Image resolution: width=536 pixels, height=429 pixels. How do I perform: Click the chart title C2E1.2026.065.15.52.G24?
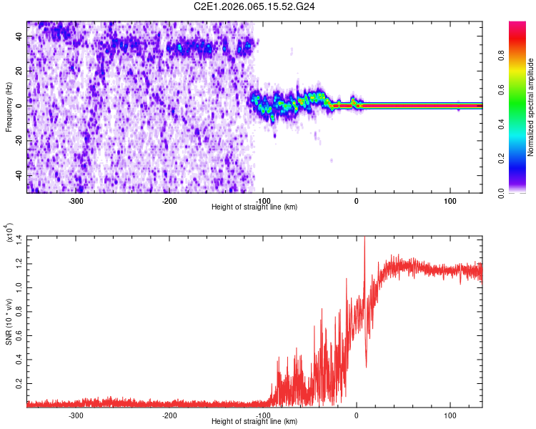tap(254, 6)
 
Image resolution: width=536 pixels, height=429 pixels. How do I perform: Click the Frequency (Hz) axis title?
tap(9, 107)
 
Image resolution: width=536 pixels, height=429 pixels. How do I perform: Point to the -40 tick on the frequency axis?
tap(18, 176)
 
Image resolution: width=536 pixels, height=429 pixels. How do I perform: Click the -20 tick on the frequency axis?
tap(18, 141)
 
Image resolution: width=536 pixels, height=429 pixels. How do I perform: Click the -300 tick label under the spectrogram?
tap(76, 201)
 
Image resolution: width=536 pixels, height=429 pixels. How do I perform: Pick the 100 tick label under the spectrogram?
tap(450, 201)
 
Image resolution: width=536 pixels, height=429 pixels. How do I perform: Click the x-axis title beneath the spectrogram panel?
tap(254, 207)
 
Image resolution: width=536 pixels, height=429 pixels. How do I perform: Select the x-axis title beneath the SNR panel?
tap(254, 422)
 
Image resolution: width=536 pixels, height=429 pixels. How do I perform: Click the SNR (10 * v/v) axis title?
tap(9, 321)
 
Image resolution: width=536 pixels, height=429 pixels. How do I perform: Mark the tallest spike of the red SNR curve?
tap(364, 237)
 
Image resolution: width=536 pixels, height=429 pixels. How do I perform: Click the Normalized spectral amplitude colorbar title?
tap(531, 107)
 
